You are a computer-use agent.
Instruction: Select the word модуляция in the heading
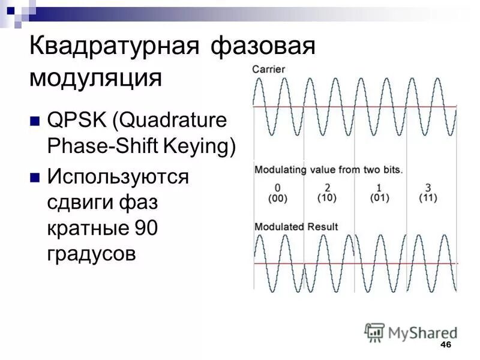[x=96, y=79]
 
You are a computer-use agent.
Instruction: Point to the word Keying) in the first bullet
[x=204, y=147]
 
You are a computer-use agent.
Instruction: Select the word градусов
[x=91, y=254]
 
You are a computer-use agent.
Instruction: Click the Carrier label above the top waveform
[x=268, y=70]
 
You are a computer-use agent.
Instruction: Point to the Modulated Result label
[x=296, y=227]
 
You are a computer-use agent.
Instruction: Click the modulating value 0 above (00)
[x=277, y=186]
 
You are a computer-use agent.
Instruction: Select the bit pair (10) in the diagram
[x=327, y=198]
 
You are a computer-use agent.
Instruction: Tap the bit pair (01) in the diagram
[x=379, y=198]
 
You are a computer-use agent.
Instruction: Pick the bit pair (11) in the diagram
[x=427, y=198]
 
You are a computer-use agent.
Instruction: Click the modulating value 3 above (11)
[x=427, y=186]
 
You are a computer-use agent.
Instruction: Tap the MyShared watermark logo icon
[x=374, y=332]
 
